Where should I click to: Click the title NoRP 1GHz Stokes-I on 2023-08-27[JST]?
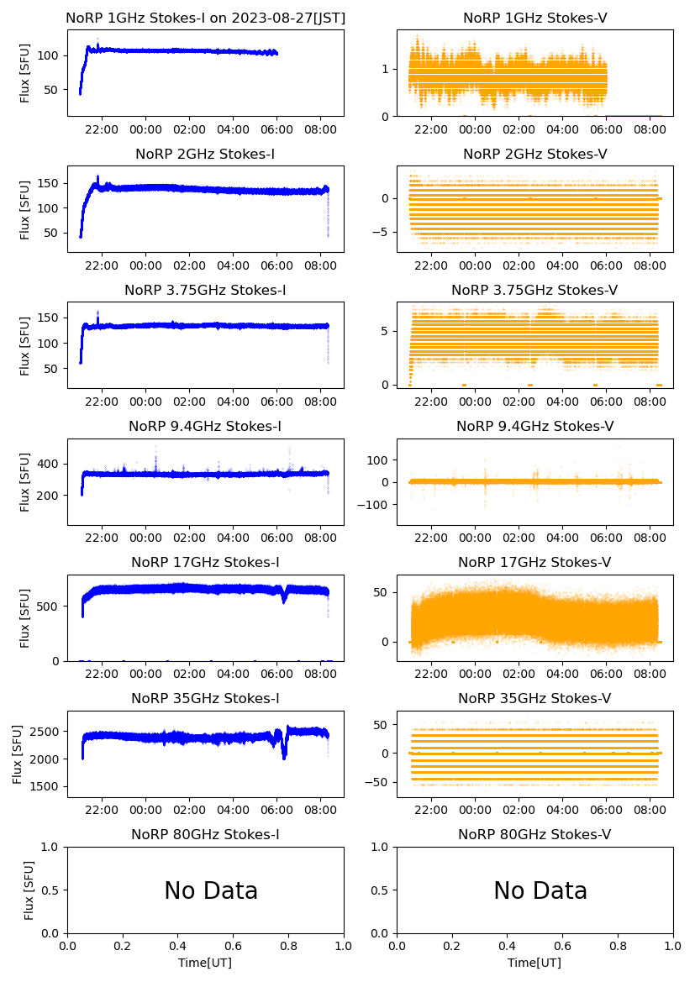point(205,18)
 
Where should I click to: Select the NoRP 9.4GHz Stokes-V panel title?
point(534,427)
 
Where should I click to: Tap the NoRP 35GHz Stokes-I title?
point(205,699)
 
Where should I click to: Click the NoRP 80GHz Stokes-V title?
point(534,835)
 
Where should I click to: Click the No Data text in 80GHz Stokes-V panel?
point(540,891)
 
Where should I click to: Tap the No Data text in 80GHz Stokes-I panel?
point(211,891)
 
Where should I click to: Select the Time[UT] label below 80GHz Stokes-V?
point(534,963)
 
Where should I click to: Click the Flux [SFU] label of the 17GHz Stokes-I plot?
point(25,618)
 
